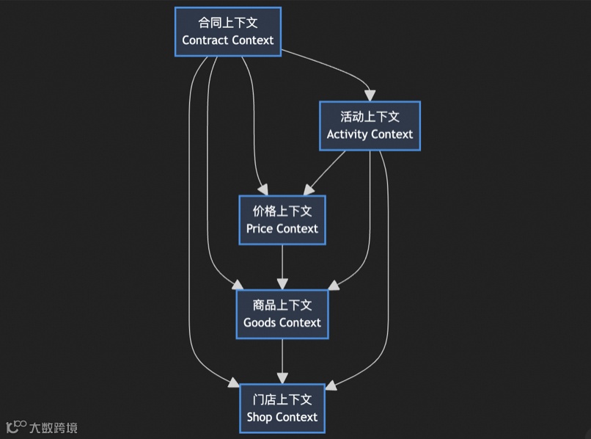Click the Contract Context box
[x=227, y=32]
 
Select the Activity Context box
[x=370, y=126]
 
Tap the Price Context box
[x=282, y=219]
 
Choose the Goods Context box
[x=282, y=313]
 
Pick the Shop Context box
[x=282, y=408]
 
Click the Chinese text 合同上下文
[x=227, y=23]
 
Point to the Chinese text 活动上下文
[x=370, y=117]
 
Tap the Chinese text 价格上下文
[x=282, y=211]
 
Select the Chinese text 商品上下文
[x=282, y=305]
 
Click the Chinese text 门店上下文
[x=282, y=399]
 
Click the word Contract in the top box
[x=204, y=40]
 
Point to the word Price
[x=259, y=228]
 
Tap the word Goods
[x=260, y=322]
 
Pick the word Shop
[x=260, y=417]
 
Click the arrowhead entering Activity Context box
[x=370, y=95]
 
